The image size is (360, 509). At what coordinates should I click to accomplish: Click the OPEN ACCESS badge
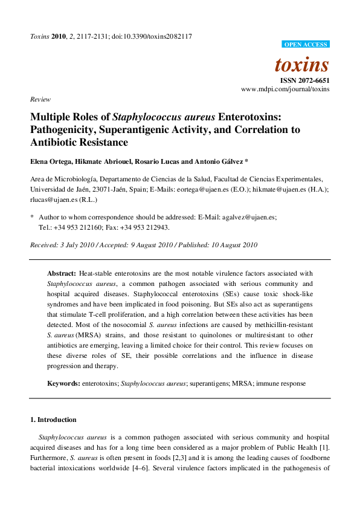click(x=306, y=44)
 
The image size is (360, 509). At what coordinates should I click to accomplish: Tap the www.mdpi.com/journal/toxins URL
click(x=285, y=89)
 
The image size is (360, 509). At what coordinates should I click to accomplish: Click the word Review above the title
click(x=40, y=99)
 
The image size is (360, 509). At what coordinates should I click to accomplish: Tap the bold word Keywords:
click(x=63, y=383)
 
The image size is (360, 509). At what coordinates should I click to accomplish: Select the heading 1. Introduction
click(x=53, y=420)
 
